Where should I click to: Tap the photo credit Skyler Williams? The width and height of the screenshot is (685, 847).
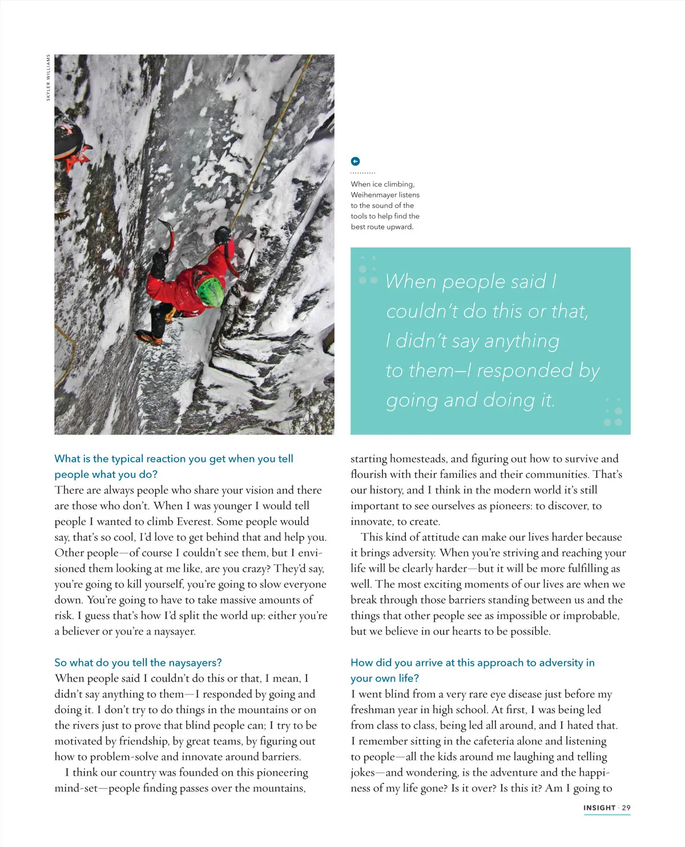coord(49,78)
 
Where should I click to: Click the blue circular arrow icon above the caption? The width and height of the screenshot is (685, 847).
coord(355,161)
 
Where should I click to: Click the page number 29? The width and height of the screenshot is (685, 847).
coord(626,808)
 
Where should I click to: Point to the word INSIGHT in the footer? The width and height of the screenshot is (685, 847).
coord(599,808)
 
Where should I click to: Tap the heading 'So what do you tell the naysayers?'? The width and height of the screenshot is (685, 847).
coord(138,662)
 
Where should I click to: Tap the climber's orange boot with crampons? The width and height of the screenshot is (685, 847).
coord(147,337)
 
